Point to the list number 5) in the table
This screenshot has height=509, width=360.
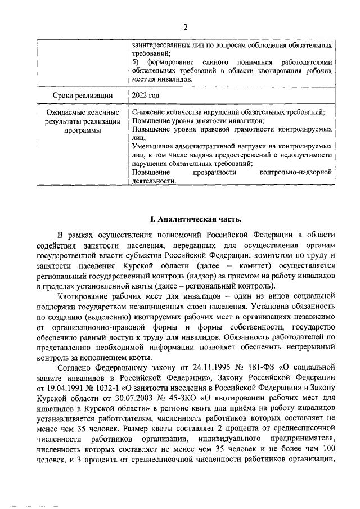pyautogui.click(x=136, y=61)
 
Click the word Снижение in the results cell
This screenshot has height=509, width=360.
pyautogui.click(x=148, y=112)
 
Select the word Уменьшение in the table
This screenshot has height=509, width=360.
pyautogui.click(x=153, y=145)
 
